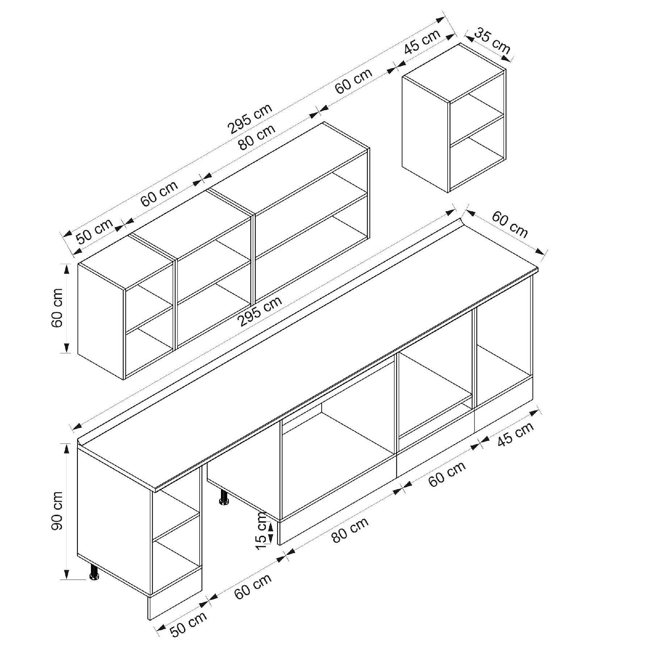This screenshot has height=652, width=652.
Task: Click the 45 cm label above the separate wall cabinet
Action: click(422, 41)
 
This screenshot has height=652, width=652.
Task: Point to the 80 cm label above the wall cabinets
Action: click(257, 137)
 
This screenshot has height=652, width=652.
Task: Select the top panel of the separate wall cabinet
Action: click(453, 72)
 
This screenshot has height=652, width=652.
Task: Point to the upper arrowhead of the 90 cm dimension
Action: click(67, 449)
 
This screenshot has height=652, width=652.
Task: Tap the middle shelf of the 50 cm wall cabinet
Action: click(149, 318)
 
